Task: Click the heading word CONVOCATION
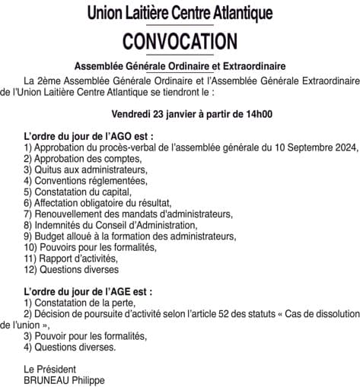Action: coord(180,40)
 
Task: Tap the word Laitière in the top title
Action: coord(161,13)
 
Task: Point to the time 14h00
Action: coord(258,115)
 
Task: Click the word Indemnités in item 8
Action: coord(57,225)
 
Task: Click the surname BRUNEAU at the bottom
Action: coord(46,380)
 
